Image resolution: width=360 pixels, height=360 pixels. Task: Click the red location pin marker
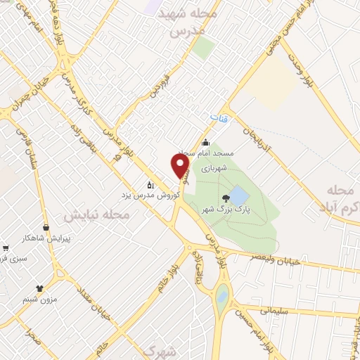(x=181, y=166)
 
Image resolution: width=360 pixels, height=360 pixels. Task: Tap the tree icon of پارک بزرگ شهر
(x=225, y=198)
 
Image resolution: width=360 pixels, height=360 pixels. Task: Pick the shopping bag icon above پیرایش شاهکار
(x=46, y=228)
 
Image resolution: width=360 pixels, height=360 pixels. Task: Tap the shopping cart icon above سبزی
(x=6, y=248)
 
